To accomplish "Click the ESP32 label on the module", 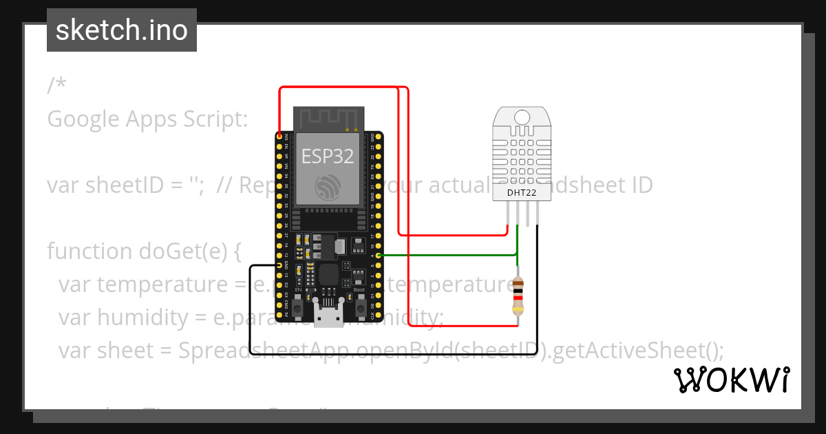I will [x=328, y=156].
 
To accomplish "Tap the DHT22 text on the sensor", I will [x=521, y=192].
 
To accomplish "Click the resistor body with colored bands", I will [x=518, y=295].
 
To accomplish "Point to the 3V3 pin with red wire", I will [x=279, y=136].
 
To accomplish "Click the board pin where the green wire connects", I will [x=377, y=256].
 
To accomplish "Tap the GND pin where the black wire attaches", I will [x=279, y=265].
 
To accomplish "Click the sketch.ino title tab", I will [x=122, y=30].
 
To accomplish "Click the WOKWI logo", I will [x=731, y=380].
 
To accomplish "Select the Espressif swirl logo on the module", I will [x=328, y=187].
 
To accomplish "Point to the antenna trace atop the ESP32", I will [x=328, y=118].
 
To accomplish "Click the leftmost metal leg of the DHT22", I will [x=508, y=215].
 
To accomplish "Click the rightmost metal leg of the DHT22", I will [x=537, y=215].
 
